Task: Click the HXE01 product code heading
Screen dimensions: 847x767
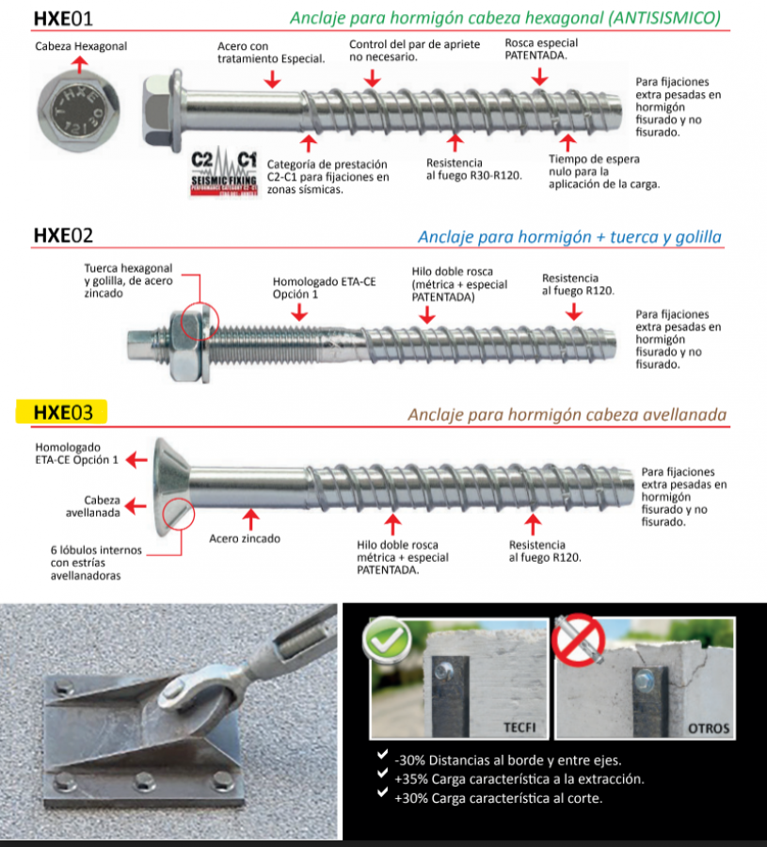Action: click(x=63, y=18)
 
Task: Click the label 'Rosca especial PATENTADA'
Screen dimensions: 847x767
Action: click(x=541, y=49)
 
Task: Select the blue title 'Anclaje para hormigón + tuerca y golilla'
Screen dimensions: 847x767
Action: click(x=569, y=236)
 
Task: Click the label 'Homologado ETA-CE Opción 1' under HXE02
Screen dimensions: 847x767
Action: click(x=311, y=288)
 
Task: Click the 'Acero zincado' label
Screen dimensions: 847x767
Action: click(x=245, y=539)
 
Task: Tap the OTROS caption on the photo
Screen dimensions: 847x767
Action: click(x=708, y=727)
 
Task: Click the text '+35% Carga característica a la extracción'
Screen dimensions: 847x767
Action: click(x=519, y=779)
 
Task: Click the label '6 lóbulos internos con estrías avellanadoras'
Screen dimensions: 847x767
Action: click(x=86, y=562)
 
